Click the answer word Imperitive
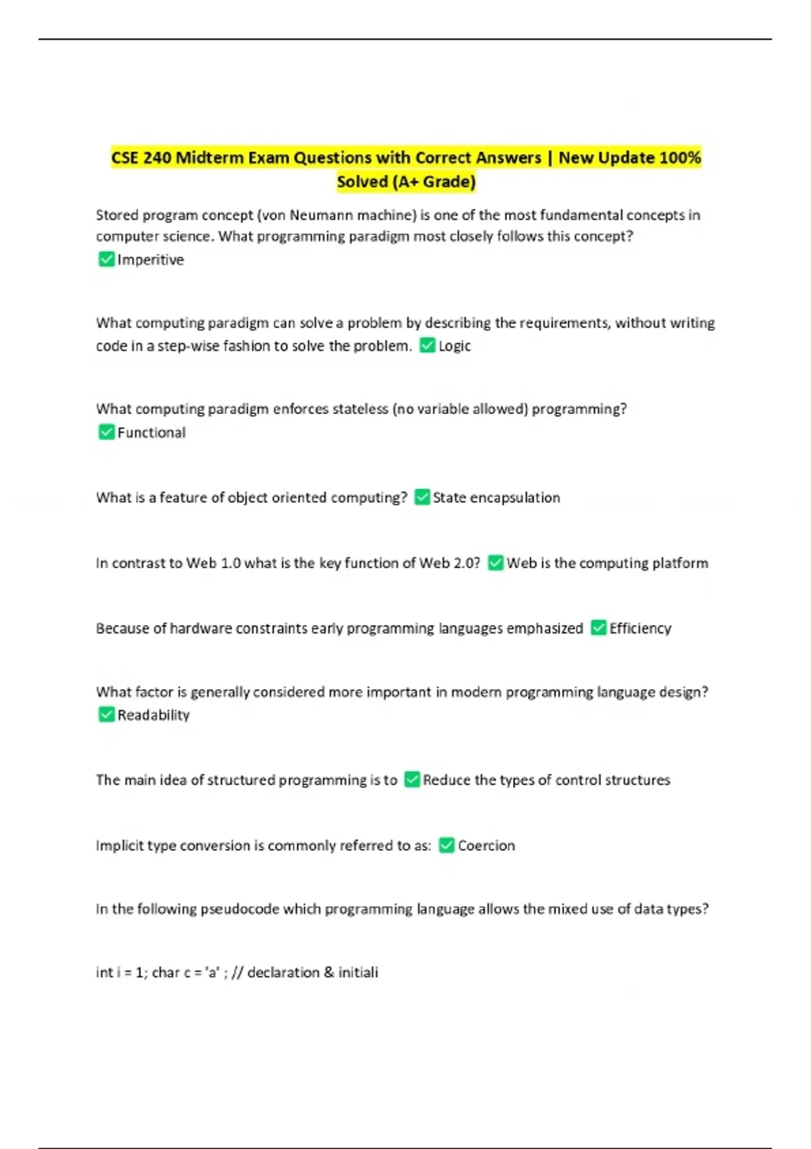point(150,260)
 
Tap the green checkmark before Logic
point(427,346)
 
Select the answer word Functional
point(151,433)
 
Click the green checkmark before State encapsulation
point(422,497)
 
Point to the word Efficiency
point(640,629)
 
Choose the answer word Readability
point(153,715)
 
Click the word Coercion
point(486,846)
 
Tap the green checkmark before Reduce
point(412,780)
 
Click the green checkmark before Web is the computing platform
point(495,563)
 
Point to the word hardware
point(200,629)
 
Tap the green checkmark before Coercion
point(447,846)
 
